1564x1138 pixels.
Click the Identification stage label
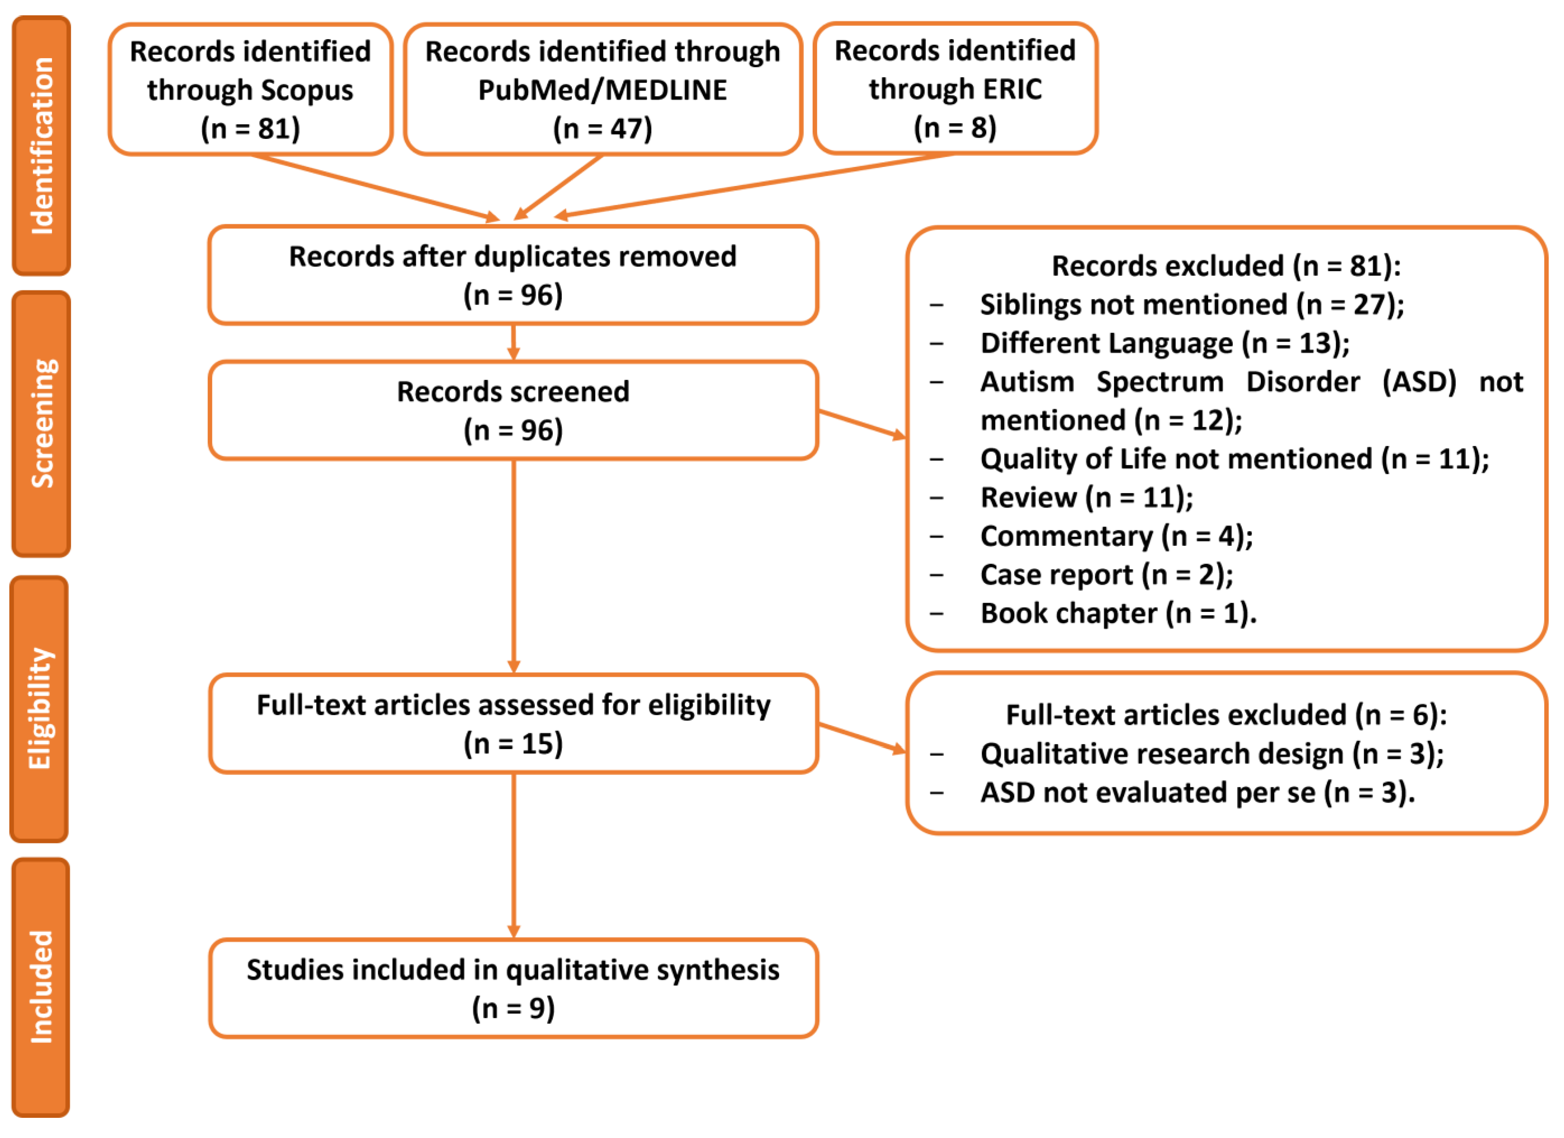coord(41,146)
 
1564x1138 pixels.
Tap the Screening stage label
coord(41,423)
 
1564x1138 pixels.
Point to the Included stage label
coord(41,987)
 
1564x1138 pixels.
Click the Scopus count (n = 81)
coord(250,128)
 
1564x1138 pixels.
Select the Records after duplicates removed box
coord(513,274)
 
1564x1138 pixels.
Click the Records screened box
coord(513,410)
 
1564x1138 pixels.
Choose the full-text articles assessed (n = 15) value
coord(513,743)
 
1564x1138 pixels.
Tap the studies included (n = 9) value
coord(513,1008)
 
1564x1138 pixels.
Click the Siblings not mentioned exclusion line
coord(1191,305)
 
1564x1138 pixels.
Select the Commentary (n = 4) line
coord(1116,536)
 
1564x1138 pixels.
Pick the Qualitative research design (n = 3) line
coord(1212,754)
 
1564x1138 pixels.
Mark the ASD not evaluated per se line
coord(1197,793)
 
